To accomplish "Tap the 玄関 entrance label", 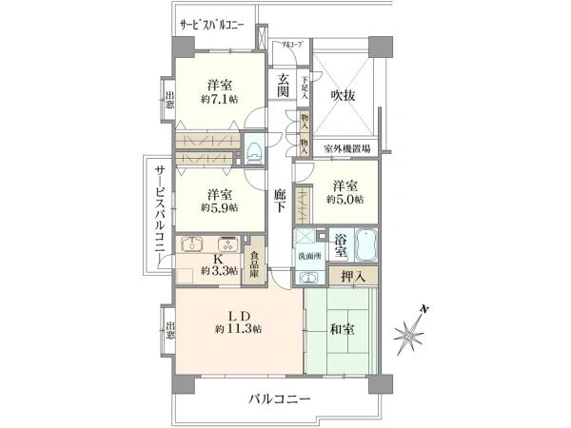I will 283,85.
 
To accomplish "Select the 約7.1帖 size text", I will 219,98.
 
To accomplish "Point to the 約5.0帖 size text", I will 344,200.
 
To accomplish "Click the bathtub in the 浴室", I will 366,245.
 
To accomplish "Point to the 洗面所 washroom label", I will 308,256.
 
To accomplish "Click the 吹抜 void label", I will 343,96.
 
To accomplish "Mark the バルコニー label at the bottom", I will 281,399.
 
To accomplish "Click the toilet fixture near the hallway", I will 254,150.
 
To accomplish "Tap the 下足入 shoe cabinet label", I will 305,89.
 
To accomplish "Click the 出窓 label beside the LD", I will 169,333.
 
